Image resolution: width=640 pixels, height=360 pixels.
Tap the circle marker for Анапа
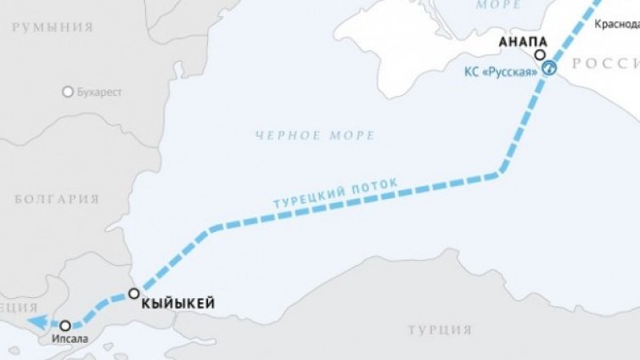coord(540,55)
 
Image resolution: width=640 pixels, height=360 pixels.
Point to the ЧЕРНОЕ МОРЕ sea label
coord(314,135)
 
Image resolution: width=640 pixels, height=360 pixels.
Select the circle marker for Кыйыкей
coord(133,294)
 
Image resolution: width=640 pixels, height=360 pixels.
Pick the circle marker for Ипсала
coord(65,324)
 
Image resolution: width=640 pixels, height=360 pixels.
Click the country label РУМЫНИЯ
coord(53,27)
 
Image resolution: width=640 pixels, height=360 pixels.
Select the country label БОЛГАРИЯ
coord(57,200)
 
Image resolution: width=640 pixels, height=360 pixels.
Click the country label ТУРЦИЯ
coord(439,329)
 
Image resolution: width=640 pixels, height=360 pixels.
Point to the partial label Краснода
coord(617,25)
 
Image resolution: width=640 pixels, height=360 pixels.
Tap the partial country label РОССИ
coord(605,64)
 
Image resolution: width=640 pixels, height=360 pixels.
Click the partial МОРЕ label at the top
coord(499,5)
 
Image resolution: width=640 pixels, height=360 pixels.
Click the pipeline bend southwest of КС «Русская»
coord(499,174)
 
